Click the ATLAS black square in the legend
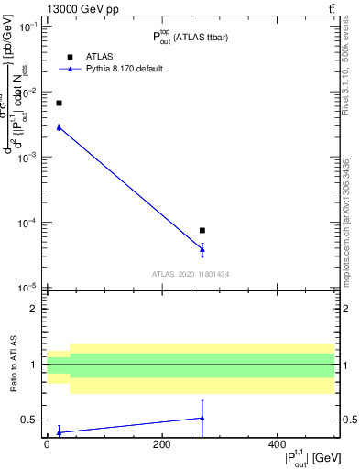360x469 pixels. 70,55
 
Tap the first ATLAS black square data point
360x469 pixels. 59,103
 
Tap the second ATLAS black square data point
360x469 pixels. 202,230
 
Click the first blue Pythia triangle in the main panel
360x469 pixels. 59,127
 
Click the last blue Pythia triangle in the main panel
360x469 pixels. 202,248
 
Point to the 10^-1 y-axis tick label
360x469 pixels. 30,27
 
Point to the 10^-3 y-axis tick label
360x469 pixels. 30,158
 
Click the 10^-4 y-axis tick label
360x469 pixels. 30,223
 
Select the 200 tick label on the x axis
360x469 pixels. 162,444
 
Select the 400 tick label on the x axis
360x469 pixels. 278,444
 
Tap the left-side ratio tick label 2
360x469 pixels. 33,309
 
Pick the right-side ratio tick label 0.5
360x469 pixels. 349,420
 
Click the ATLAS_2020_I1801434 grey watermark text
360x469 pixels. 191,274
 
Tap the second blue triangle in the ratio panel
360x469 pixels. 202,418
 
